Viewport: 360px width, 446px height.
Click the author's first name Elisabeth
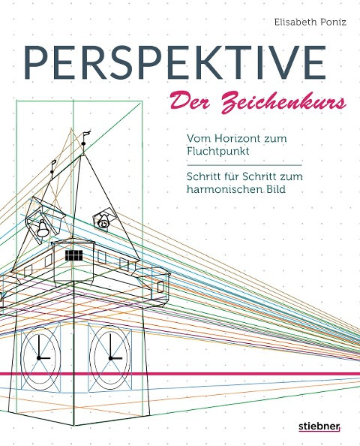click(294, 23)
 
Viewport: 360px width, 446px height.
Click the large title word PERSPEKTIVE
click(175, 62)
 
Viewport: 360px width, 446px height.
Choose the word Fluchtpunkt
click(218, 151)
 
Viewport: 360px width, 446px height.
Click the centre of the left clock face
click(39, 358)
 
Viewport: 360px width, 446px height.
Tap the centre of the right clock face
click(110, 358)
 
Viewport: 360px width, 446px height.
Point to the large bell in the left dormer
click(43, 229)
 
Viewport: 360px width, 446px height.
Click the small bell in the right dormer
click(103, 221)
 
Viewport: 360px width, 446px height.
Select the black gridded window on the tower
click(74, 255)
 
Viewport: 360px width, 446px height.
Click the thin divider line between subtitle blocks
click(244, 165)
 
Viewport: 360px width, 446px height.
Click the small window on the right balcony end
click(160, 286)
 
